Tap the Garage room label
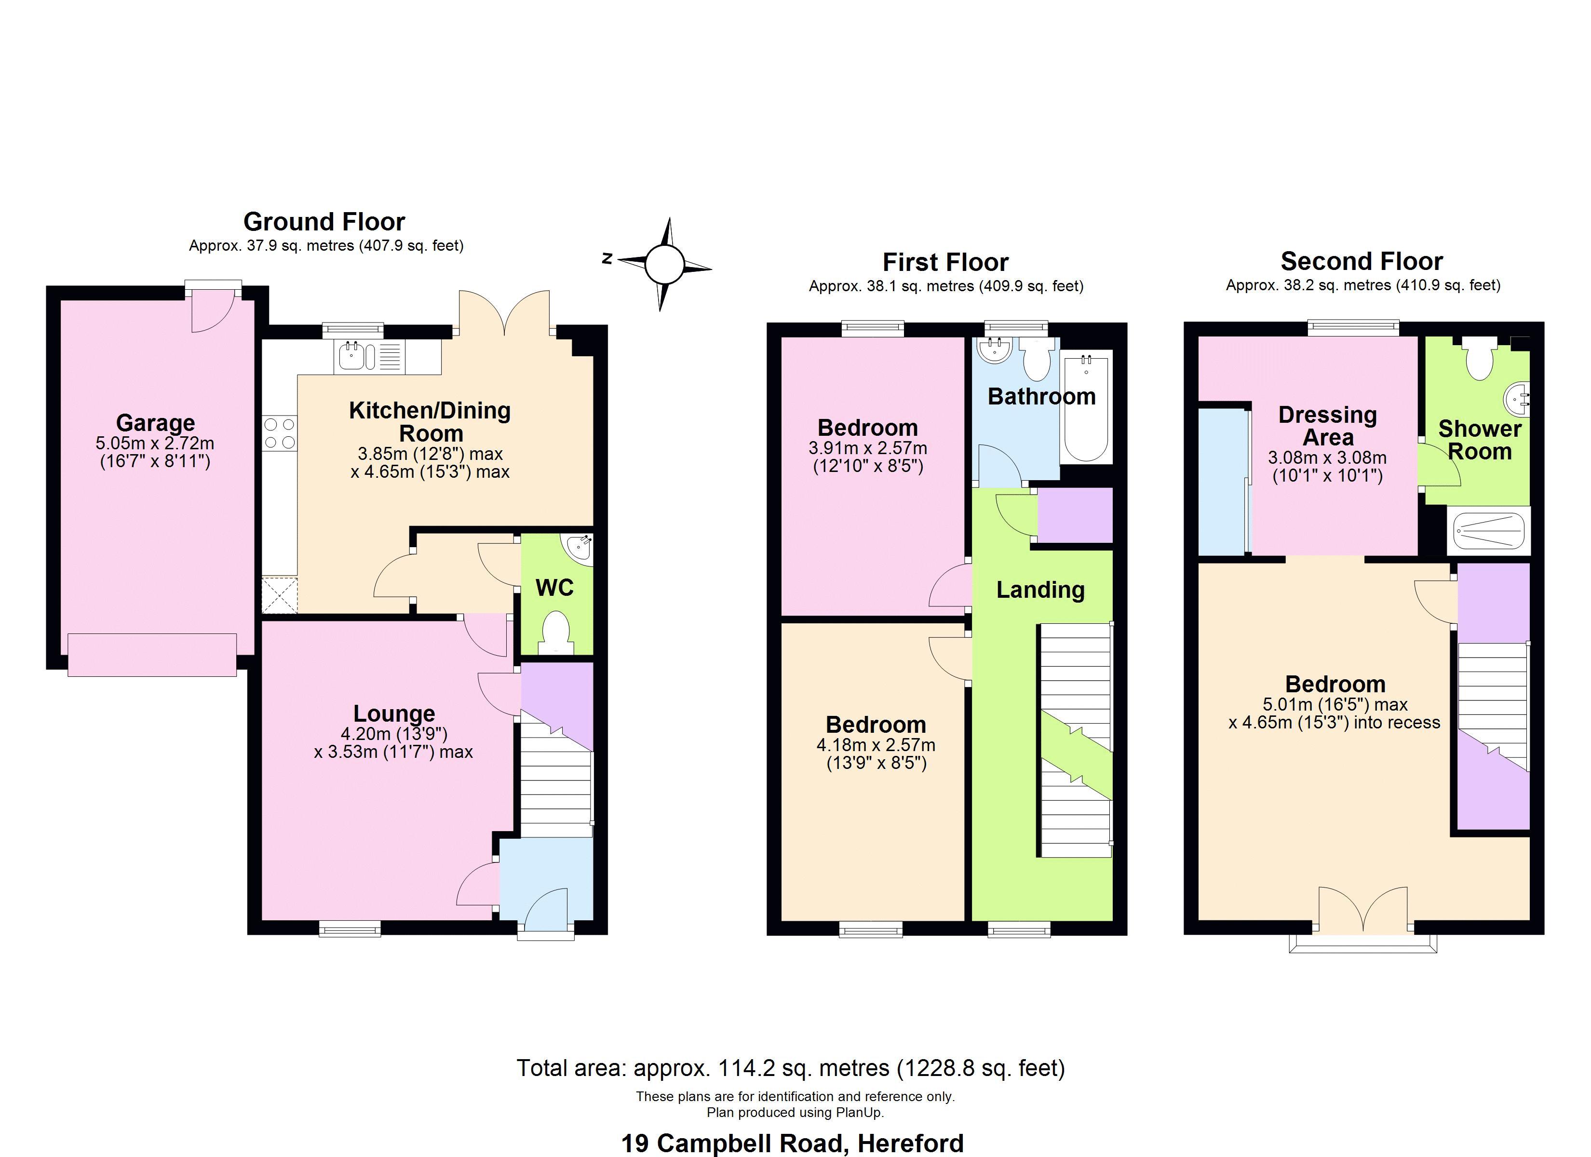(x=155, y=423)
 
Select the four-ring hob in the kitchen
(x=279, y=433)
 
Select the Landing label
(x=1040, y=590)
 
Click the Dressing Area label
(x=1327, y=426)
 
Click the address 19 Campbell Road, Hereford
(x=792, y=1144)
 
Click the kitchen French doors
(x=504, y=313)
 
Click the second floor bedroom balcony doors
(x=1362, y=911)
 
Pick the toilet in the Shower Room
(x=1479, y=361)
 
